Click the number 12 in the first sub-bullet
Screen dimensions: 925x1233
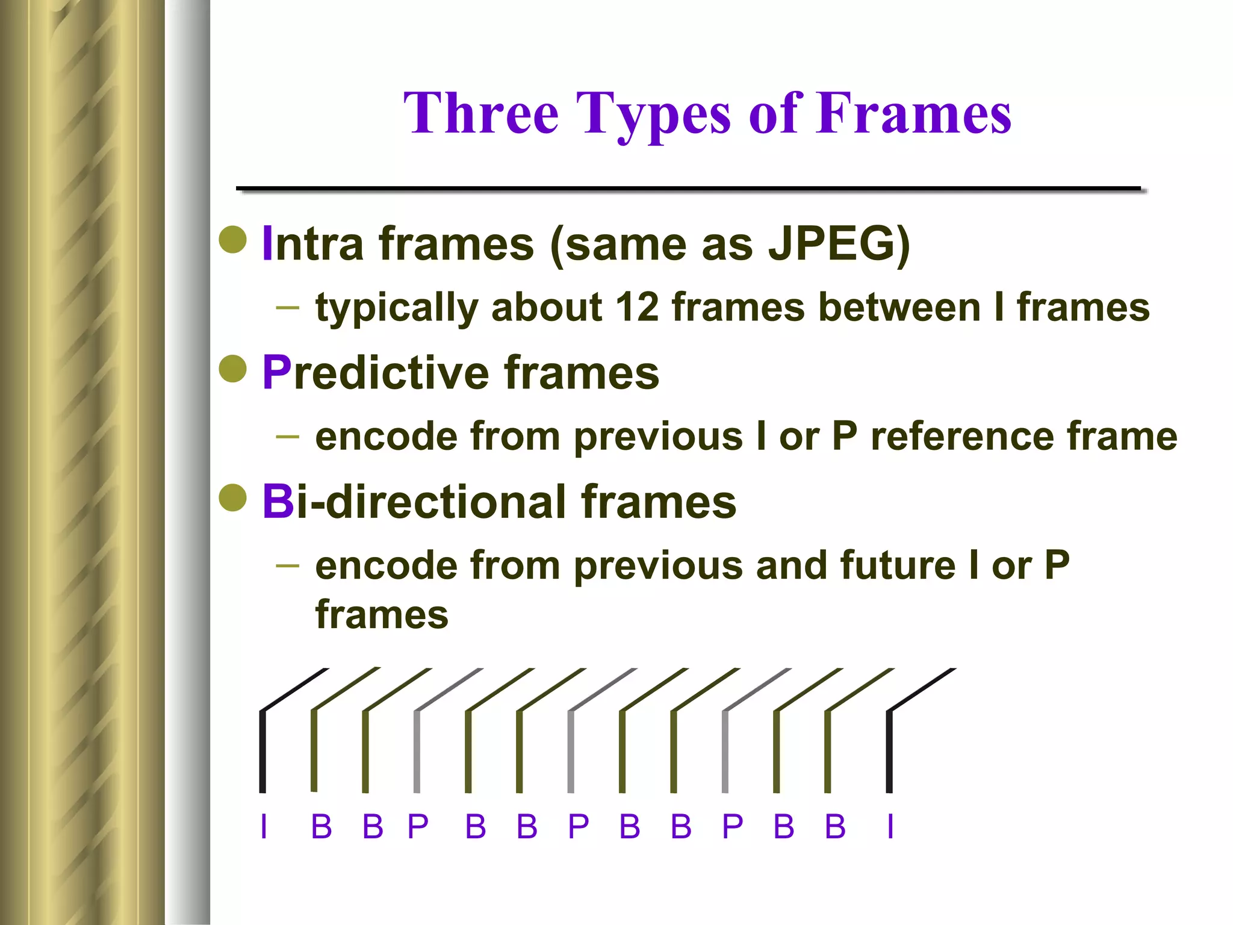pyautogui.click(x=637, y=307)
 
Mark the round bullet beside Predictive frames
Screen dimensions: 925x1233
pyautogui.click(x=233, y=369)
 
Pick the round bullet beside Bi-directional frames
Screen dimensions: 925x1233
pyautogui.click(x=233, y=498)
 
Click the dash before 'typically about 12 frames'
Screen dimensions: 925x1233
pyautogui.click(x=288, y=308)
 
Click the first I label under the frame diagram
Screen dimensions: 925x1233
pyautogui.click(x=264, y=826)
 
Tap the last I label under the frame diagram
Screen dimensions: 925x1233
pyautogui.click(x=890, y=826)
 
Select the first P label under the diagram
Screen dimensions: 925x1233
pyautogui.click(x=418, y=826)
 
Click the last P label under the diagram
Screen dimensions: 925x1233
pyautogui.click(x=733, y=826)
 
